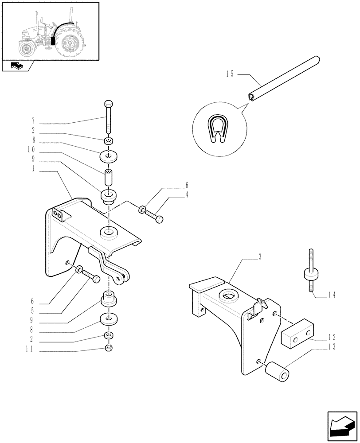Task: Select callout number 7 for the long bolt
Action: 33,120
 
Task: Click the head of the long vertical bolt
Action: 109,105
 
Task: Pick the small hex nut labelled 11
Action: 109,348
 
